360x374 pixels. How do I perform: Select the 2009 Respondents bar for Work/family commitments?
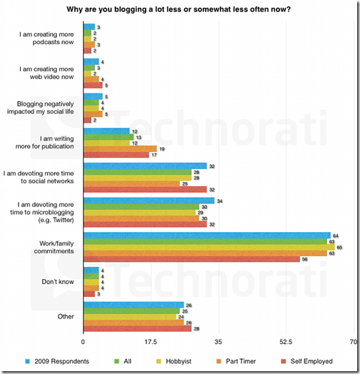pyautogui.click(x=207, y=235)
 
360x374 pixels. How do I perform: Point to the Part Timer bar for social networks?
pyautogui.click(x=131, y=183)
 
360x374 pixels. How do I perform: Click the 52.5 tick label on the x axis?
pyautogui.click(x=286, y=342)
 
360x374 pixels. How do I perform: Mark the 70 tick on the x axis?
pyautogui.click(x=352, y=342)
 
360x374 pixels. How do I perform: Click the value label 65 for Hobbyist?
pyautogui.click(x=339, y=247)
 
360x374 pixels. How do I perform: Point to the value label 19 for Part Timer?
pyautogui.click(x=161, y=148)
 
